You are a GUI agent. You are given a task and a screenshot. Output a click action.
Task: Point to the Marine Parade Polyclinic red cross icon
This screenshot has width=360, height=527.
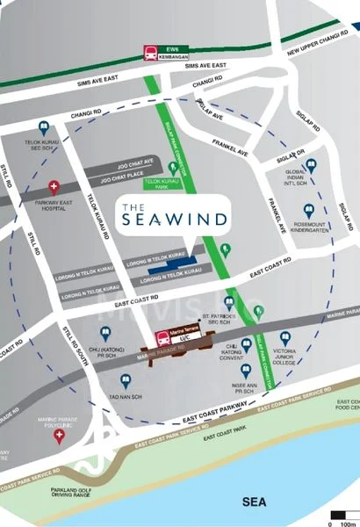pos(59,435)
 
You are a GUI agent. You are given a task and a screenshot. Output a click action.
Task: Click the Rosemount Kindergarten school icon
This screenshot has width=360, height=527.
pos(308,211)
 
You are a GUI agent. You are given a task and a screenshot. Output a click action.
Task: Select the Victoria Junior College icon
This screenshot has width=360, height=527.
pos(284,337)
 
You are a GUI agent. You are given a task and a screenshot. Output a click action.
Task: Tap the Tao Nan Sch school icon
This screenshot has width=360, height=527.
pos(126,381)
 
